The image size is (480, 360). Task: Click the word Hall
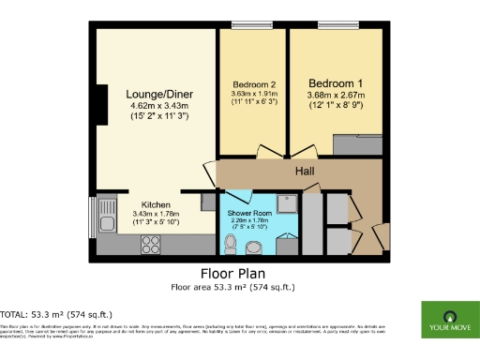(x=305, y=172)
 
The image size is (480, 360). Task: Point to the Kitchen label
(x=156, y=204)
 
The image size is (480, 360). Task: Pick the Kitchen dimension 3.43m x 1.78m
(x=156, y=215)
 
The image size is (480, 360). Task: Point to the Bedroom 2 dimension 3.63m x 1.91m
(x=252, y=94)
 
